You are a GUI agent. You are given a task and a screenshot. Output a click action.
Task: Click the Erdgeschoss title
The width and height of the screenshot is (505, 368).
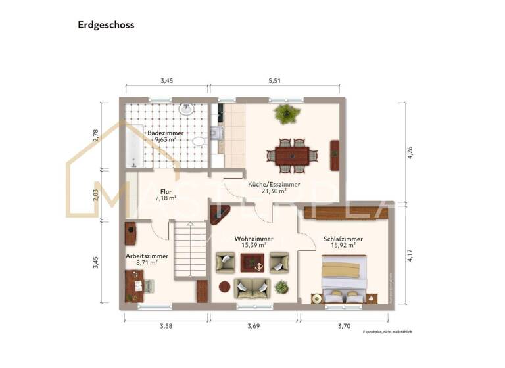point(106,25)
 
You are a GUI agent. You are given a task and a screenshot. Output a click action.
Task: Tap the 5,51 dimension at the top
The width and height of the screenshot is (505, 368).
point(275,80)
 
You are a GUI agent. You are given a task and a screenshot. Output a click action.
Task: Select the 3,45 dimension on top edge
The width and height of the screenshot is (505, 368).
point(167,80)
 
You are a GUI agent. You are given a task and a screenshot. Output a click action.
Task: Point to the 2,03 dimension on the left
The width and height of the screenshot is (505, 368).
point(96,195)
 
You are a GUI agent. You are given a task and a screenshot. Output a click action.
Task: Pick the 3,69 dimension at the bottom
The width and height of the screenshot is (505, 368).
point(254,325)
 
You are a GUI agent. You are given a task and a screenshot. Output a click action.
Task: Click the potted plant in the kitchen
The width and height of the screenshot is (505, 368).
point(286,114)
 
